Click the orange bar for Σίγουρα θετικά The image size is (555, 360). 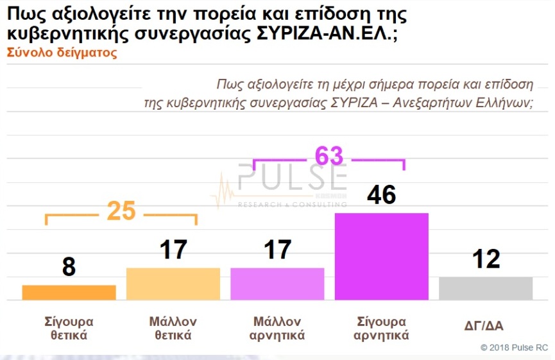69,292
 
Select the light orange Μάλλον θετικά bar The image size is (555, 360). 173,284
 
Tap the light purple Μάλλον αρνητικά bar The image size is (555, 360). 277,284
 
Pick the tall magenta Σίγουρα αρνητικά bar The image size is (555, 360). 382,256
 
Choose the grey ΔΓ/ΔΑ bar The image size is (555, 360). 486,288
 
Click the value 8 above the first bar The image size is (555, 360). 69,267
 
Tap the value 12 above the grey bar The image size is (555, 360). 485,259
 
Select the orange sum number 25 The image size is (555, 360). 121,211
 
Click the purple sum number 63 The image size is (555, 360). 329,156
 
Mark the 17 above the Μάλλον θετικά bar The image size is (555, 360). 173,250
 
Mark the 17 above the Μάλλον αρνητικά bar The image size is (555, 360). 277,250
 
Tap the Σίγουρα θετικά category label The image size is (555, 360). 69,328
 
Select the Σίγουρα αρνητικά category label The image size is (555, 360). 381,328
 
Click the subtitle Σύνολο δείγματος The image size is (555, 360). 62,53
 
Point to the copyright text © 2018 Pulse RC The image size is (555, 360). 514,347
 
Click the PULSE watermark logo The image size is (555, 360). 292,180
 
